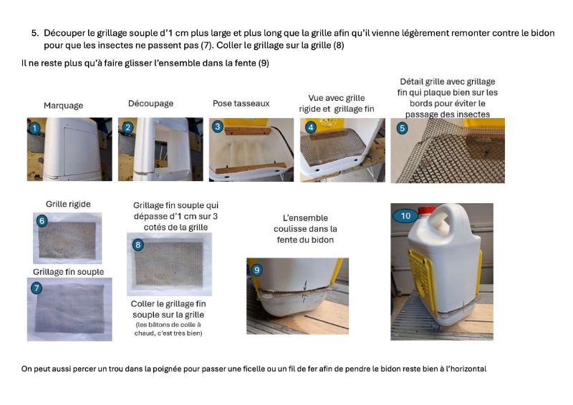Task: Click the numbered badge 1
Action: [x=34, y=128]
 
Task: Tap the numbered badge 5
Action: [x=402, y=129]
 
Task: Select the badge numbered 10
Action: [x=405, y=216]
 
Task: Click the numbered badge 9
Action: [x=257, y=270]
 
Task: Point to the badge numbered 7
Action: [x=37, y=288]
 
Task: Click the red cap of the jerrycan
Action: [x=426, y=210]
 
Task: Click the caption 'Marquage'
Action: [x=63, y=105]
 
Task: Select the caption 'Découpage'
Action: [x=150, y=104]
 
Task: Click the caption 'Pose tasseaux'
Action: [x=241, y=103]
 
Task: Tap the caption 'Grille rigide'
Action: [x=68, y=204]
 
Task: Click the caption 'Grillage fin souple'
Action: [x=68, y=272]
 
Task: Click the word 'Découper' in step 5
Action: [x=64, y=33]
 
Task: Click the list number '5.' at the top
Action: [x=34, y=33]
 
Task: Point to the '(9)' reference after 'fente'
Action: [x=264, y=63]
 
